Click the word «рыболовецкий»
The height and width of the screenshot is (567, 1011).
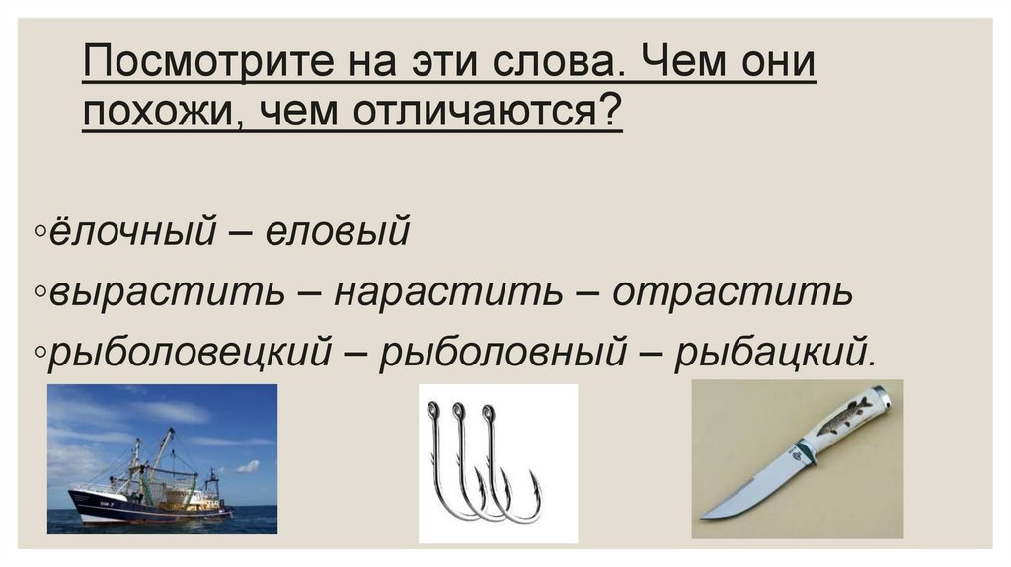(189, 353)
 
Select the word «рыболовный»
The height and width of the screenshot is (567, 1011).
(503, 353)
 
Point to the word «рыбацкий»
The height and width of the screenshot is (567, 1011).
(774, 353)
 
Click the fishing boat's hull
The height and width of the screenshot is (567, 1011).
(138, 507)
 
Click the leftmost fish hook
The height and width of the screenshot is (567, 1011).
(439, 464)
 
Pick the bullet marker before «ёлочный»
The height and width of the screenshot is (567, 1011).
(38, 234)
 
